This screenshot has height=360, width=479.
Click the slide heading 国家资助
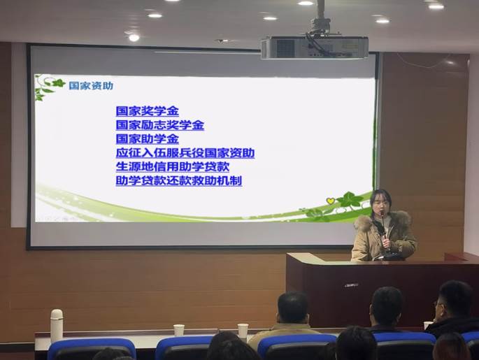coord(91,86)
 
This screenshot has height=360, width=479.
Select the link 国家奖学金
coord(148,111)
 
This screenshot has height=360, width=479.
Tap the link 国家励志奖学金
coord(159,125)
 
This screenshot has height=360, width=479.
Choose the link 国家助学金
coord(148,139)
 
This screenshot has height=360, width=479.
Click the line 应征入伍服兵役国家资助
coord(185,152)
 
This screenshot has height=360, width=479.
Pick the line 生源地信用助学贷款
coord(173,166)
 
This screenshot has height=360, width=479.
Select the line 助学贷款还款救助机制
coord(179,180)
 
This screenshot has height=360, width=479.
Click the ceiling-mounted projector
coord(315,47)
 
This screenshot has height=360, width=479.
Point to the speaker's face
coord(380,208)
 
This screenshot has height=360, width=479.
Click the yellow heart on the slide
coord(330,201)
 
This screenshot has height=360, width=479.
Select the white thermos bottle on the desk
coord(57,325)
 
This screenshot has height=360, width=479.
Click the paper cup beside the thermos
coord(179,331)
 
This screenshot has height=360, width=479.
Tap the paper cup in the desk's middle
coord(243,331)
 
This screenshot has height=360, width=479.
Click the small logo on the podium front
coord(351,285)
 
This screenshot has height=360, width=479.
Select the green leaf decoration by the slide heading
coord(49,87)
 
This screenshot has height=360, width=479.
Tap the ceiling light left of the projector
coord(134,38)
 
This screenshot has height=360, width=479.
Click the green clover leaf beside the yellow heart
coord(348,200)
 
